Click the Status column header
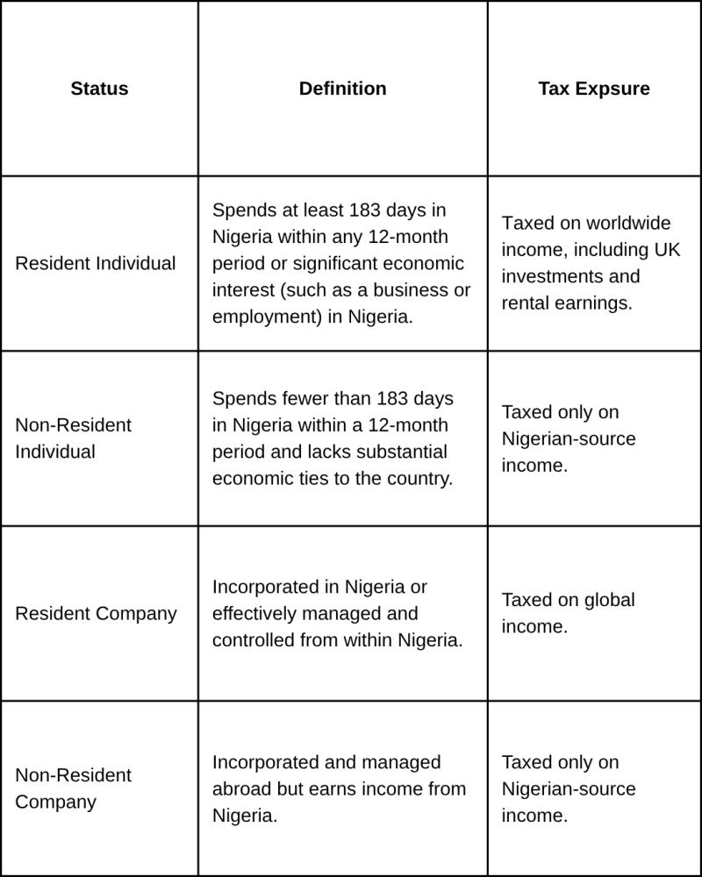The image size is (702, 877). [x=99, y=89]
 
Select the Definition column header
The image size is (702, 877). [x=342, y=89]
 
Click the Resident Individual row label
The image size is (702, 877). [x=96, y=263]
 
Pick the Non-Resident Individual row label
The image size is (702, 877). [x=74, y=438]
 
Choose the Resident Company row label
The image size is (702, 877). [x=96, y=614]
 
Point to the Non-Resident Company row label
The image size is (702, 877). [x=74, y=788]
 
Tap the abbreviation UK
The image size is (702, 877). [x=665, y=250]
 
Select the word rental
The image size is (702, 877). [x=526, y=303]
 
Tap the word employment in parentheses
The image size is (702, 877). [x=261, y=317]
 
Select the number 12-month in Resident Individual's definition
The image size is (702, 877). [x=403, y=237]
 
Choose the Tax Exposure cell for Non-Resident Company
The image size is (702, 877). [x=569, y=788]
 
